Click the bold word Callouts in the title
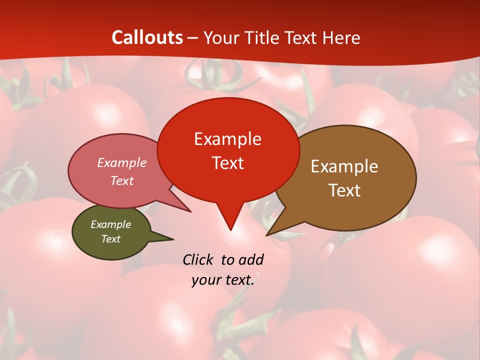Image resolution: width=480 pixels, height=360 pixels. pyautogui.click(x=147, y=37)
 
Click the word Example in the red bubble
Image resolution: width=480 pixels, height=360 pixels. pyautogui.click(x=227, y=139)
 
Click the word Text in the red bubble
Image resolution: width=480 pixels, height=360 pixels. pyautogui.click(x=227, y=163)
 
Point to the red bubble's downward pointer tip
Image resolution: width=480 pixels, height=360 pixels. pyautogui.click(x=230, y=229)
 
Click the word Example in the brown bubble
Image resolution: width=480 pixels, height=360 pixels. pyautogui.click(x=344, y=166)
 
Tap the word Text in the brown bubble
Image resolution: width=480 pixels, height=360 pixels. pyautogui.click(x=344, y=190)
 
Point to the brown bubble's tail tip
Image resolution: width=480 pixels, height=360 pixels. pyautogui.click(x=267, y=234)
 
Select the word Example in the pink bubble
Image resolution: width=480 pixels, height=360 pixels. pyautogui.click(x=121, y=162)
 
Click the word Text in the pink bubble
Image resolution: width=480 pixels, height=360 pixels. pyautogui.click(x=121, y=180)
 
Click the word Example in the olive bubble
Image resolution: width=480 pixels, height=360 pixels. pyautogui.click(x=110, y=224)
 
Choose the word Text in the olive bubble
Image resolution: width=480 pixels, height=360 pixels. pyautogui.click(x=110, y=239)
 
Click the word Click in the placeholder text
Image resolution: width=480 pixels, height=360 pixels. pyautogui.click(x=197, y=259)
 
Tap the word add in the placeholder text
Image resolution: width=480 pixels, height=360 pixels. pyautogui.click(x=250, y=259)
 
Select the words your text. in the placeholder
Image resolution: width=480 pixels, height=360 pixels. pyautogui.click(x=223, y=280)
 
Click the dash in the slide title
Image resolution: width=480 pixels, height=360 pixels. pyautogui.click(x=193, y=38)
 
